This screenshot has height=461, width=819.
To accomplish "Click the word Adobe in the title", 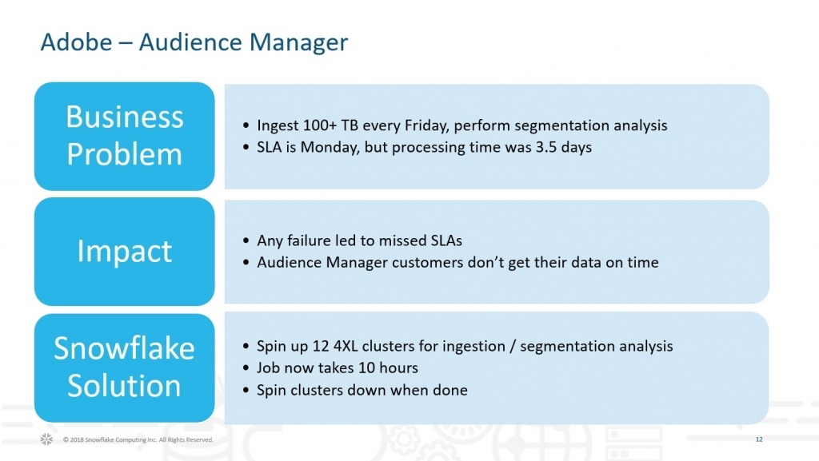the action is (76, 42).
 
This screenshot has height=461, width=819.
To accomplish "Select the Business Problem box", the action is (124, 136).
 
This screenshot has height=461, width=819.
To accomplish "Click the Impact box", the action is (124, 252).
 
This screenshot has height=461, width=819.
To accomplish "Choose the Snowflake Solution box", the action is (124, 368).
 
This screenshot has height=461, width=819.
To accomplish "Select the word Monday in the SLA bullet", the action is (330, 148).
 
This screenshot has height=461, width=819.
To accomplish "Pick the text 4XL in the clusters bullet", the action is (346, 346).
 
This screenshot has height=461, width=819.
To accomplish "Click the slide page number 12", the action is (759, 439).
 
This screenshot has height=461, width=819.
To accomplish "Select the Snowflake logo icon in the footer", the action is (46, 439).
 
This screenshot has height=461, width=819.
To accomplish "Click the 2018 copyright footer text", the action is (138, 439).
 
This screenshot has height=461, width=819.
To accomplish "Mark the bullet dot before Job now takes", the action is (246, 368).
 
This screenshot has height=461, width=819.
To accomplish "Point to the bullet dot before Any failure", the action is (246, 241).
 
